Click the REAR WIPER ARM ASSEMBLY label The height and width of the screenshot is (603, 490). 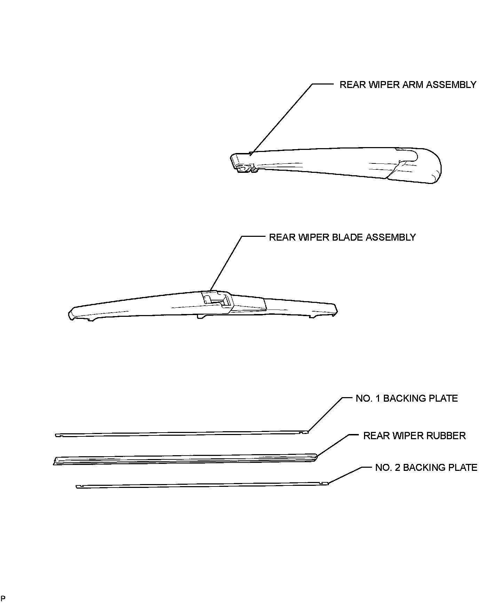pos(408,85)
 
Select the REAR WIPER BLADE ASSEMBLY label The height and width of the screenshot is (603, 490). pos(342,237)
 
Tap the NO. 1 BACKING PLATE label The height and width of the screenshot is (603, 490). pos(406,398)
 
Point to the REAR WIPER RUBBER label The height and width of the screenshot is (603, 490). pos(414,436)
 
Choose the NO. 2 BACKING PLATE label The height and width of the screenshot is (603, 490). pos(426,468)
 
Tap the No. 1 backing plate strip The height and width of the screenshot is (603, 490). pos(181,434)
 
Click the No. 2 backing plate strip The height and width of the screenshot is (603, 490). pos(202,485)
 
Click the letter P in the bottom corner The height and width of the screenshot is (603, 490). pos(3,598)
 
